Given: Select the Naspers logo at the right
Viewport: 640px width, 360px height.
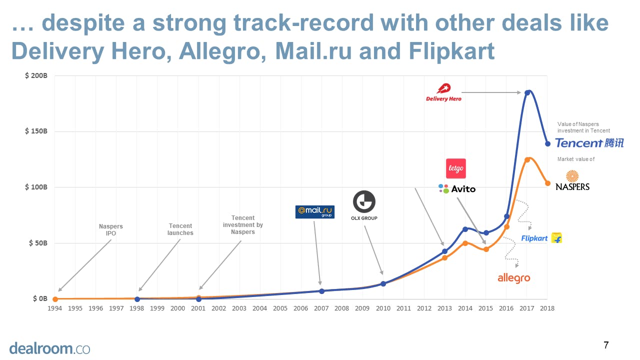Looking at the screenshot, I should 572,180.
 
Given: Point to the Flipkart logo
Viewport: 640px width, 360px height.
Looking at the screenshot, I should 541,238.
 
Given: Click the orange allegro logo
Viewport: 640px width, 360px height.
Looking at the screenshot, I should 513,278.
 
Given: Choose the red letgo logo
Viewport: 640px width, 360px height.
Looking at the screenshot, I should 455,168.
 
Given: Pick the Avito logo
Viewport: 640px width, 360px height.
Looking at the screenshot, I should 457,189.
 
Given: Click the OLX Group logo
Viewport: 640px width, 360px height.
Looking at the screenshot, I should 364,206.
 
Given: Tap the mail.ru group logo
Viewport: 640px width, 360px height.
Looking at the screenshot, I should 314,212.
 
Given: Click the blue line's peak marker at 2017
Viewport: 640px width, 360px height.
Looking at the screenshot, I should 527,92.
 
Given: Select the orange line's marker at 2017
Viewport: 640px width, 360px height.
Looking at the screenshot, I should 527,160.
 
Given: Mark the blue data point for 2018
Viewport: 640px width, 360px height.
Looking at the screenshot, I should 547,143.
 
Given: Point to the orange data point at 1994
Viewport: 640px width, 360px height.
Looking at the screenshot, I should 55,299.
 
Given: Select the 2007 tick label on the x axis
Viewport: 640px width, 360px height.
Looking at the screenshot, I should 321,308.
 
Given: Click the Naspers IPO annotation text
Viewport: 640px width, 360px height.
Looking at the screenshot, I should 110,230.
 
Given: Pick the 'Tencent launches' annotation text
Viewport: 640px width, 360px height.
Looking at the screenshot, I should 180,229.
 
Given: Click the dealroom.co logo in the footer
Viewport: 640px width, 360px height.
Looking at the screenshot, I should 49,348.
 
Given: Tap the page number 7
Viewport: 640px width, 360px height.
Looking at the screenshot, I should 606,345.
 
